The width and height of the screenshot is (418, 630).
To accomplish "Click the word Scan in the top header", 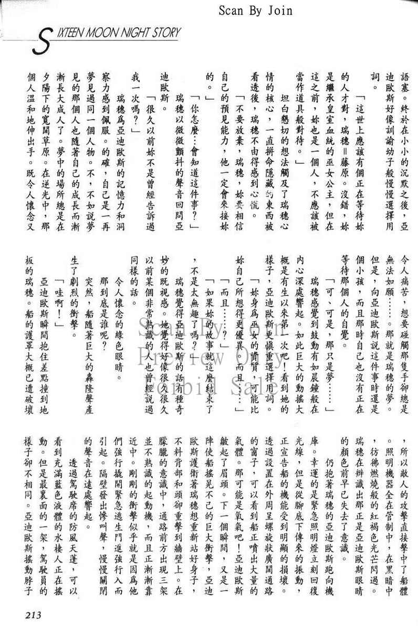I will click(x=233, y=10).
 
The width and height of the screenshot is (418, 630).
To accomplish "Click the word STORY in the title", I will click(x=168, y=33).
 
